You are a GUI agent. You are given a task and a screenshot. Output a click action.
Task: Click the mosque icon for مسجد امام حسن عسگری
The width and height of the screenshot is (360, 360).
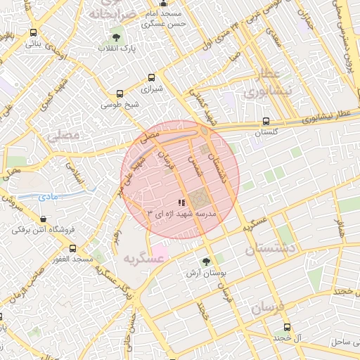165,4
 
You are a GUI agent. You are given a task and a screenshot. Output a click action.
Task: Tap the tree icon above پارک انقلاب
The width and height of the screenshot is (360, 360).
116,37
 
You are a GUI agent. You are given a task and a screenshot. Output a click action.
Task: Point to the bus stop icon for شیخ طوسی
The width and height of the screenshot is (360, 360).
120,94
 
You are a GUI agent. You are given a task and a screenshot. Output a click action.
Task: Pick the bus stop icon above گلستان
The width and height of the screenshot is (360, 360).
265,121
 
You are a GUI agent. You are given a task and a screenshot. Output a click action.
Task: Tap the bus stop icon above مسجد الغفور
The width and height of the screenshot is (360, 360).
72,248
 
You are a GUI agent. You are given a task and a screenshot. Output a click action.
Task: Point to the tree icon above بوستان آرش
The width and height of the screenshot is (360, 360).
206,262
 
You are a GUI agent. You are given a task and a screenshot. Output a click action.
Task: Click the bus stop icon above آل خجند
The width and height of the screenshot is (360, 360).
287,327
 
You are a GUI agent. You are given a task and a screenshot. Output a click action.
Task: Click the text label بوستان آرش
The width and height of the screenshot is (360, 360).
205,273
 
